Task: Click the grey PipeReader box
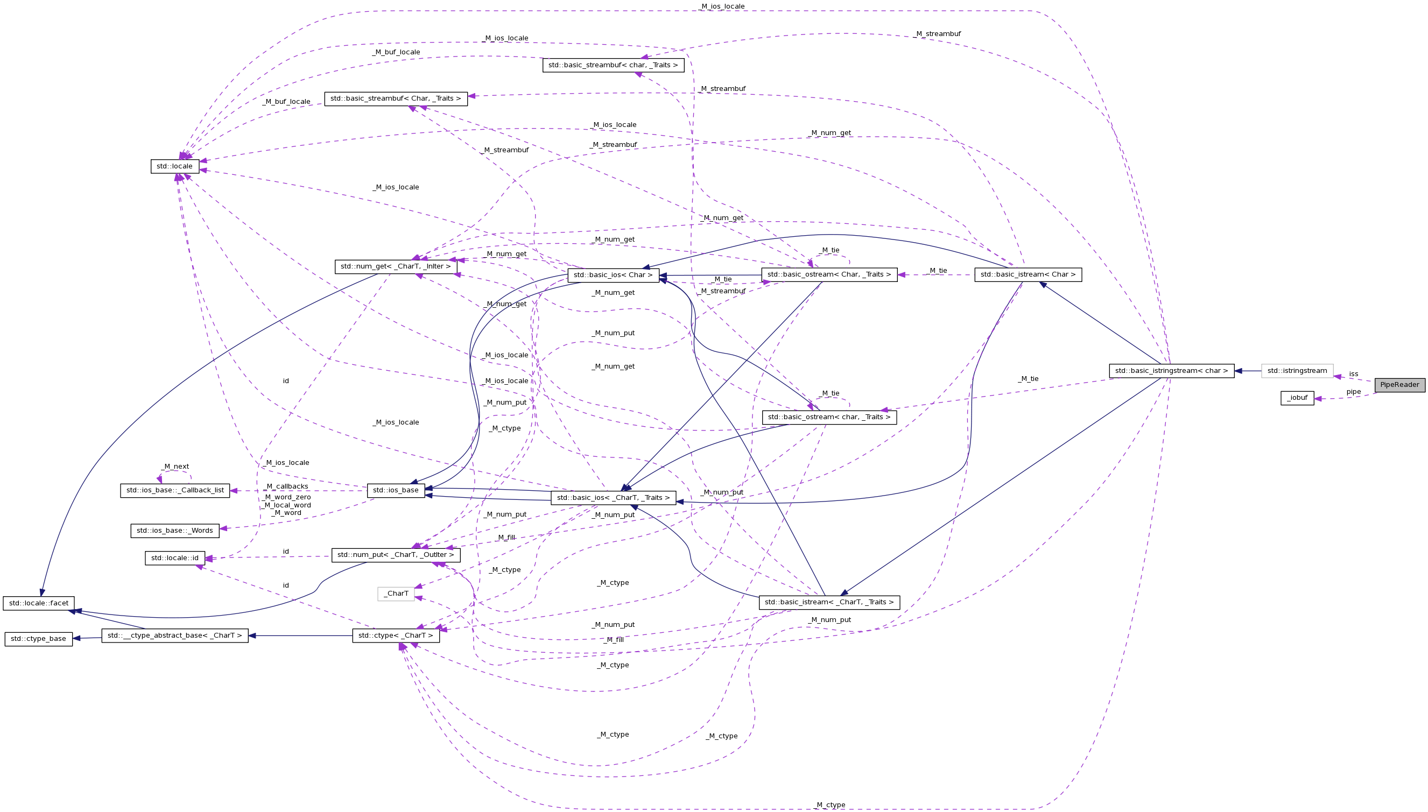point(1399,385)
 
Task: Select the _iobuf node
point(1297,398)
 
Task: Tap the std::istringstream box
point(1297,371)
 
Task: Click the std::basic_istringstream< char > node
point(1171,371)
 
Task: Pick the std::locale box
point(174,166)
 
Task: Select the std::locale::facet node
point(39,603)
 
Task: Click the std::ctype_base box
point(39,639)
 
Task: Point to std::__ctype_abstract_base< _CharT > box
point(174,636)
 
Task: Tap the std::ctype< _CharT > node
point(396,636)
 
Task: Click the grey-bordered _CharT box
point(396,594)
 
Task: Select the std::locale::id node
point(174,558)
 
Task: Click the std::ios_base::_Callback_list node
point(174,491)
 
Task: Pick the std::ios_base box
point(396,491)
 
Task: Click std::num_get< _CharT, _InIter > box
point(396,266)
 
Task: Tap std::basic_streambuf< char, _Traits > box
point(613,65)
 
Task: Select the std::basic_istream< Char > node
point(1028,275)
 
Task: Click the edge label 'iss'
point(1353,374)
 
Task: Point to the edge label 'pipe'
point(1353,392)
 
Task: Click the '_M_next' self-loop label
point(175,467)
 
